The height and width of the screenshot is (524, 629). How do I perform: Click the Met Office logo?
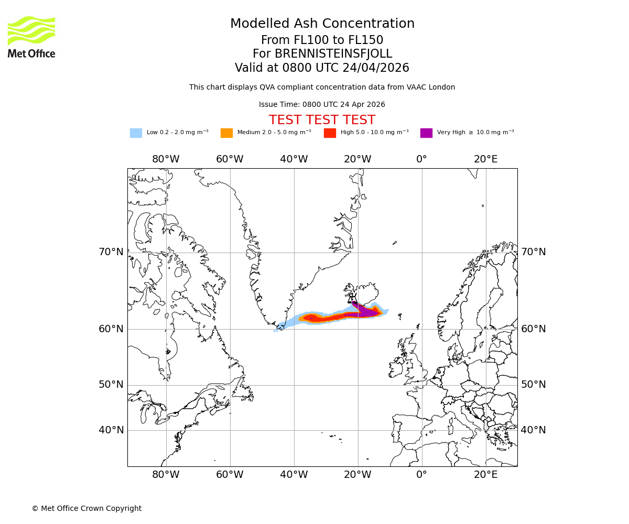click(x=31, y=37)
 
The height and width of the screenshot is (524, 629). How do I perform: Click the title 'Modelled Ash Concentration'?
click(x=322, y=24)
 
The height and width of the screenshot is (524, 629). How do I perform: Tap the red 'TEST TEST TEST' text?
click(x=322, y=120)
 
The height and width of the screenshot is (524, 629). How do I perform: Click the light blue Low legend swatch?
click(x=136, y=133)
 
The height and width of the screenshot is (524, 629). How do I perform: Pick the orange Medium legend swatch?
click(x=226, y=133)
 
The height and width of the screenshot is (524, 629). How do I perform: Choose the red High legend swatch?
click(x=330, y=133)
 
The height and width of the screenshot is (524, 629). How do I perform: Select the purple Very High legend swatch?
click(x=426, y=133)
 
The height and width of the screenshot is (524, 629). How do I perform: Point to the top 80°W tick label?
click(x=166, y=159)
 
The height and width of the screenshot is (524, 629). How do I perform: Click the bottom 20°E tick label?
click(x=485, y=475)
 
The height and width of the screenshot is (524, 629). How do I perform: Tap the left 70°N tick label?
click(x=111, y=252)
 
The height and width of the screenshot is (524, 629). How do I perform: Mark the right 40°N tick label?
click(x=533, y=430)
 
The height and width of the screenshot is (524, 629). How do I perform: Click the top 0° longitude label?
click(x=421, y=159)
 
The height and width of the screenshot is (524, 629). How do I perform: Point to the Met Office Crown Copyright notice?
click(x=86, y=508)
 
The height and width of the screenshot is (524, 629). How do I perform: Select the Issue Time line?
click(x=322, y=105)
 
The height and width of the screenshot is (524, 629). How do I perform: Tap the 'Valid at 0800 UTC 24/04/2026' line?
click(x=322, y=68)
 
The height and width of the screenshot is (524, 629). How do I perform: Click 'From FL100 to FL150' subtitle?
click(x=322, y=40)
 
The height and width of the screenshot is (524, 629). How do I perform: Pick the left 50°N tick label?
click(x=111, y=385)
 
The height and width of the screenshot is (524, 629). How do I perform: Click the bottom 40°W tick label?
click(x=294, y=475)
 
